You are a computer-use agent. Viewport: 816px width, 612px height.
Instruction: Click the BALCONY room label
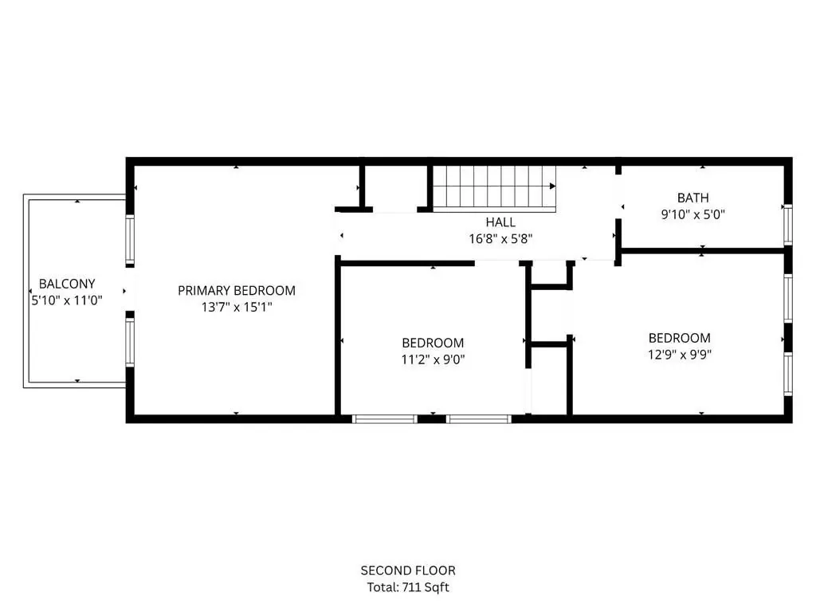click(x=67, y=284)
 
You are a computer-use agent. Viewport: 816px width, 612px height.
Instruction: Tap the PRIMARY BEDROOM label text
click(x=237, y=290)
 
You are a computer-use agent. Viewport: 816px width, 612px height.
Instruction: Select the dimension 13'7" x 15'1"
click(x=237, y=307)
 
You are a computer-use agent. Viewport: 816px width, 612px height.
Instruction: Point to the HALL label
click(x=500, y=222)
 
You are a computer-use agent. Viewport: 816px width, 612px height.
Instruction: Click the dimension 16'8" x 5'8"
click(x=500, y=239)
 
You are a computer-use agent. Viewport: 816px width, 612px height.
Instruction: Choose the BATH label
click(x=693, y=198)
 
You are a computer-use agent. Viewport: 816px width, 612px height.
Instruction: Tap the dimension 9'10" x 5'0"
click(x=693, y=214)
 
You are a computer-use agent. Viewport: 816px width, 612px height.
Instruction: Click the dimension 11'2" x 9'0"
click(x=433, y=359)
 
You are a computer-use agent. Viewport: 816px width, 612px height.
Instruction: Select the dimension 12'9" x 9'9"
click(x=680, y=355)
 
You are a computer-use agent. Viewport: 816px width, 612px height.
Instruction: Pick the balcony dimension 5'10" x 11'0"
click(x=67, y=300)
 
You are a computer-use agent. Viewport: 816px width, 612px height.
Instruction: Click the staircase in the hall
click(x=494, y=188)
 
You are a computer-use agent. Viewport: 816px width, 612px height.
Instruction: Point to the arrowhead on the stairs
click(x=553, y=186)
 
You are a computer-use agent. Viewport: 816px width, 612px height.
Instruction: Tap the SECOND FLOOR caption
click(x=408, y=571)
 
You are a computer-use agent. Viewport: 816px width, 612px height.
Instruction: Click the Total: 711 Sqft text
click(x=408, y=587)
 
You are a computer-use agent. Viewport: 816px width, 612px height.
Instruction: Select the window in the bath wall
click(x=788, y=225)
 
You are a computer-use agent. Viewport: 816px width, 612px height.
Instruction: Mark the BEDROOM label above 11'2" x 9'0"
click(x=433, y=343)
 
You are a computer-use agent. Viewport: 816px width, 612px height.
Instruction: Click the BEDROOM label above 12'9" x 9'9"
click(x=680, y=338)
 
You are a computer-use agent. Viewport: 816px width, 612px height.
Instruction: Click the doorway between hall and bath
click(x=618, y=197)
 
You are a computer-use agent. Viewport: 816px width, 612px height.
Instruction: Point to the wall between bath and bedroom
click(x=703, y=251)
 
